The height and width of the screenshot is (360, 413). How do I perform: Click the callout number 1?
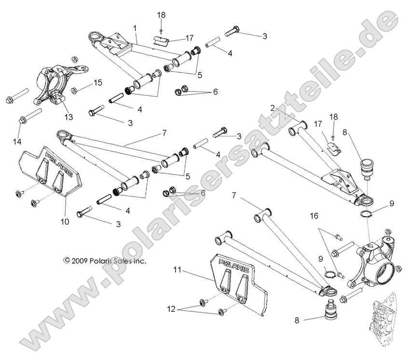point(135,28)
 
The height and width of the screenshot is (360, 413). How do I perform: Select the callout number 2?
point(272,109)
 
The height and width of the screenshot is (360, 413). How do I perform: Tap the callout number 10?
point(65,222)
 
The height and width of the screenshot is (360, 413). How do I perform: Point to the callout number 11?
point(177,270)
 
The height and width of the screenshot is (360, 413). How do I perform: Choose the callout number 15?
point(98,83)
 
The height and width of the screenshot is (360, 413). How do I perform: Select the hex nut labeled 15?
point(75,90)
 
